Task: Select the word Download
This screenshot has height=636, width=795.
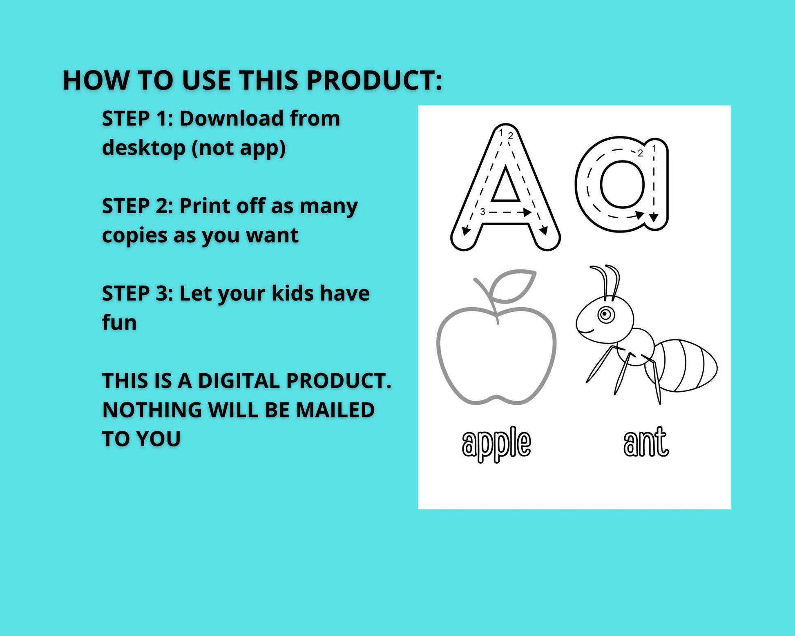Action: click(x=232, y=118)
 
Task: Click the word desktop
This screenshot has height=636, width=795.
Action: click(x=144, y=147)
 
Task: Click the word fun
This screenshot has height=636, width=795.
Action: click(x=119, y=322)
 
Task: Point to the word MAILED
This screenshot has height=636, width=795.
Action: click(x=335, y=410)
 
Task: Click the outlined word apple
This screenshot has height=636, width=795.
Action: click(x=496, y=444)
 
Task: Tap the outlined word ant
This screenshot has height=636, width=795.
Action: click(x=646, y=442)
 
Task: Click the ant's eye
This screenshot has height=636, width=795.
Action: click(x=606, y=315)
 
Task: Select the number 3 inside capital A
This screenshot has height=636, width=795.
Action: click(x=482, y=212)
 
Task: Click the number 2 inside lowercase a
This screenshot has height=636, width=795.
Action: click(x=640, y=153)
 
